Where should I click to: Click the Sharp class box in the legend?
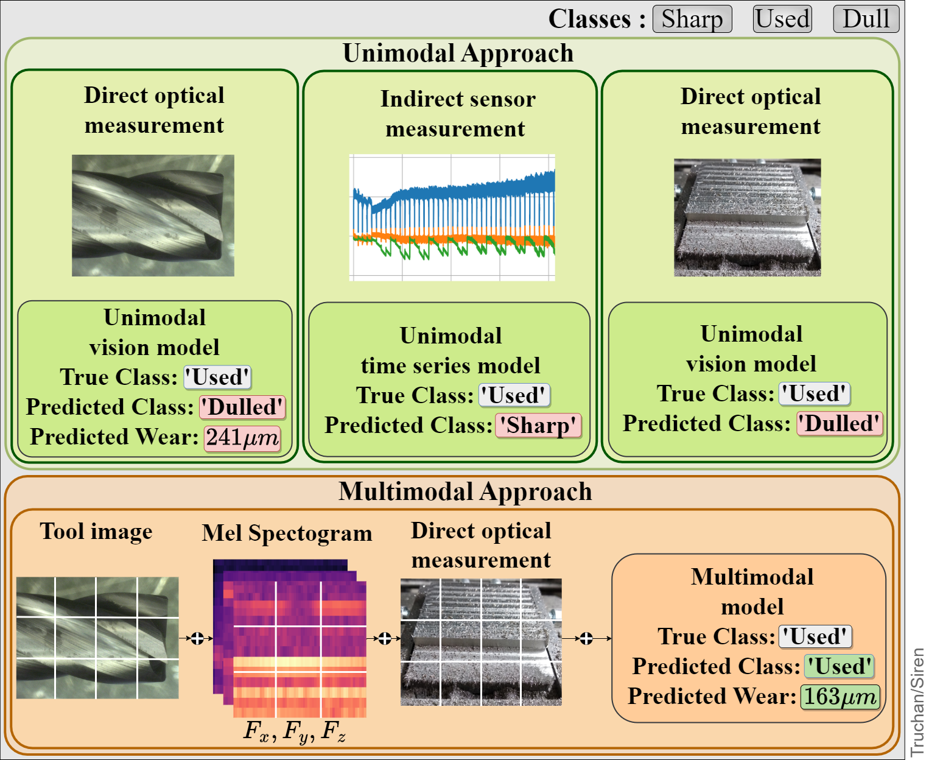pyautogui.click(x=692, y=19)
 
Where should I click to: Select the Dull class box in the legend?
pyautogui.click(x=866, y=19)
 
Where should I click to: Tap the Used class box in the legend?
pyautogui.click(x=782, y=19)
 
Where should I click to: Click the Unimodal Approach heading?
pyautogui.click(x=458, y=54)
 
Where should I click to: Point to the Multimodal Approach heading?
pyautogui.click(x=465, y=492)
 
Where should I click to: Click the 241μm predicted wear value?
pyautogui.click(x=242, y=437)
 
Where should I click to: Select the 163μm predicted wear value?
pyautogui.click(x=840, y=697)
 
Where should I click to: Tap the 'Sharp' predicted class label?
pyautogui.click(x=538, y=425)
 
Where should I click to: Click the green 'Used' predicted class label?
pyautogui.click(x=839, y=666)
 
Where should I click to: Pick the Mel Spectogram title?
pyautogui.click(x=287, y=533)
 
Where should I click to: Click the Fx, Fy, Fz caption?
pyautogui.click(x=295, y=731)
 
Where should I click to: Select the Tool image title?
pyautogui.click(x=96, y=532)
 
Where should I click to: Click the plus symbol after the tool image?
pyautogui.click(x=197, y=638)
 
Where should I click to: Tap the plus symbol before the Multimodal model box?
pyautogui.click(x=586, y=638)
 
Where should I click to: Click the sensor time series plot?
pyautogui.click(x=452, y=217)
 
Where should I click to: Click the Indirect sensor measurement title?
pyautogui.click(x=457, y=114)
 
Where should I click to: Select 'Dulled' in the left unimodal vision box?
pyautogui.click(x=242, y=407)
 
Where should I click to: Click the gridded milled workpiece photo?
pyautogui.click(x=481, y=642)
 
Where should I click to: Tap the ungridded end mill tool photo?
pyautogui.click(x=153, y=216)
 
